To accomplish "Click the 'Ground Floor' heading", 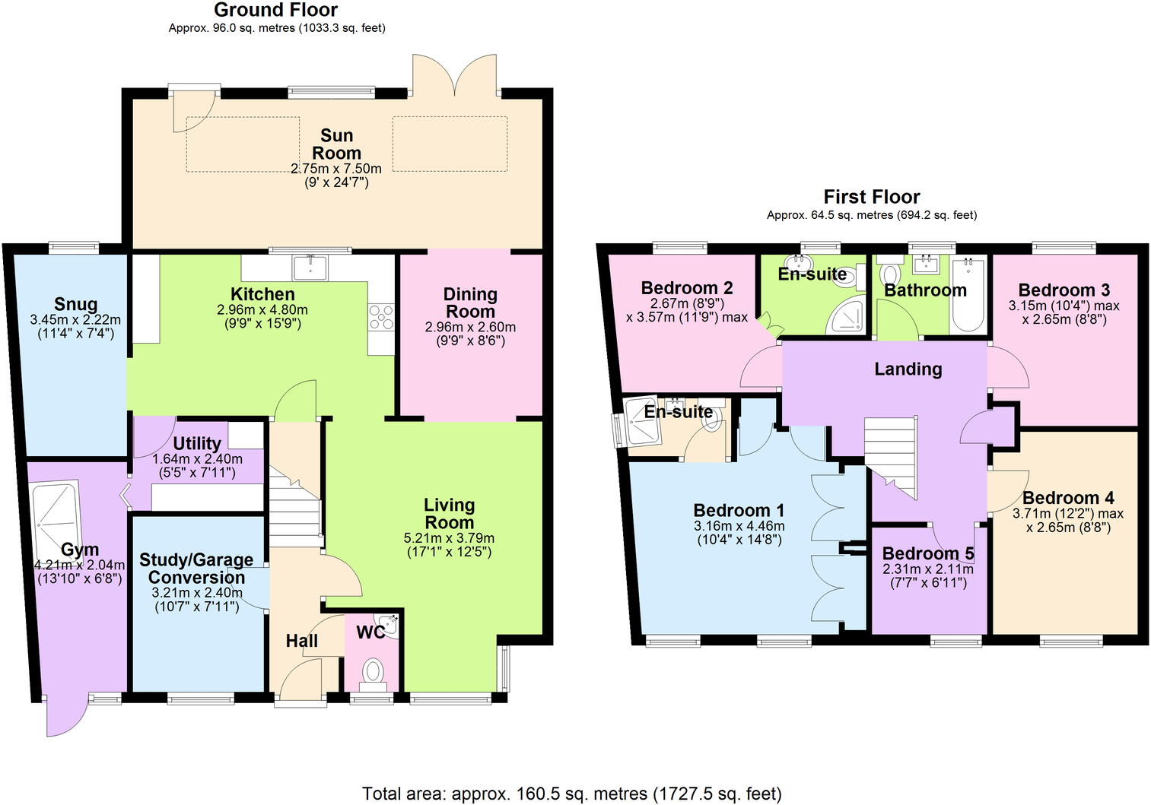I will pos(275,10).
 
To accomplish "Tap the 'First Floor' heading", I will pos(871,197).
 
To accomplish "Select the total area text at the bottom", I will pos(571,794).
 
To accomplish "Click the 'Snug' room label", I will pos(75,305).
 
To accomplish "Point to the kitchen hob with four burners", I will pos(381,317).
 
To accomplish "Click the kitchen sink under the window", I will pos(310,268).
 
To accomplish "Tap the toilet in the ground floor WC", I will pos(372,671).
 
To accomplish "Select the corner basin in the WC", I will pos(389,625).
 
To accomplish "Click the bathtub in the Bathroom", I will pos(968,294).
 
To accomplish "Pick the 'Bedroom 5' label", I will pos(927,553).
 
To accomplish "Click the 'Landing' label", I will pos(908,369).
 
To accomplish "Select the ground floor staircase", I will pos(294,509).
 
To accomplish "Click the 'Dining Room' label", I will pos(470,303).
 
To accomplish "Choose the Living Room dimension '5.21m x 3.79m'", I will pos(449,538).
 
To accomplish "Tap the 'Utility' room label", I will pos(197,443).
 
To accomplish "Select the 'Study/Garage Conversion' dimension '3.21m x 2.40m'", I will pos(197,593).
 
